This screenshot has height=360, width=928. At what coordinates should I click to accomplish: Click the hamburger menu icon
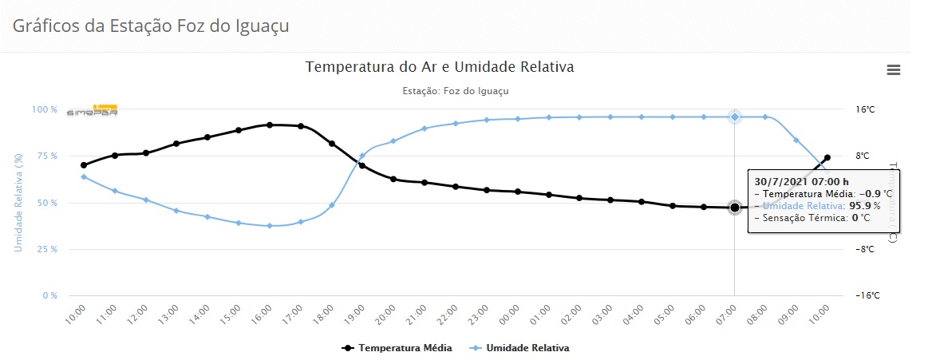(894, 70)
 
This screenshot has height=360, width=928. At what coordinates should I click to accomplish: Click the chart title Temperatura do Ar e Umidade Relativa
(440, 67)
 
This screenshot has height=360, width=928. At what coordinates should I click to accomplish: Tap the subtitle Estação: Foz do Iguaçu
(456, 91)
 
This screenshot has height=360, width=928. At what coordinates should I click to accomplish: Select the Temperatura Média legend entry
(397, 348)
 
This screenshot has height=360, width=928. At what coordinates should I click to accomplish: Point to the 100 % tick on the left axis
(44, 109)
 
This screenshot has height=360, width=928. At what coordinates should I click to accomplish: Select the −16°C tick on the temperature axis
(867, 296)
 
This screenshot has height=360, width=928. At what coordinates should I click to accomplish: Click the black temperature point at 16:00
(270, 125)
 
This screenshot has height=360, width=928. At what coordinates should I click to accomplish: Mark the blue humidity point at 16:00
(270, 226)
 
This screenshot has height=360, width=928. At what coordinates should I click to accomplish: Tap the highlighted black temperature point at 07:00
(734, 208)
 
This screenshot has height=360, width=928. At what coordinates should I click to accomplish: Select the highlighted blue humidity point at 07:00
(735, 117)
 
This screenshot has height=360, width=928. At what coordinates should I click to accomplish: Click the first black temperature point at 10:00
(84, 165)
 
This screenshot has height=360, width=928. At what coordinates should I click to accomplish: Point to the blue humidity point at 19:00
(362, 156)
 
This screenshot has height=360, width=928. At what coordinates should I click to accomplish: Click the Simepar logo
(92, 111)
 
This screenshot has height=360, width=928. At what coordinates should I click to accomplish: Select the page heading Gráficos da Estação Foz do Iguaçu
(151, 26)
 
